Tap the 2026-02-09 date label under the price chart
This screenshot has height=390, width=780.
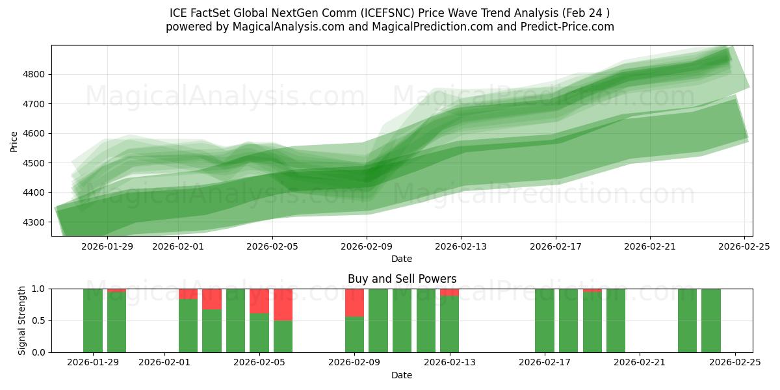pos(367,246)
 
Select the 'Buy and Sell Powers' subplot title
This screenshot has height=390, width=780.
pos(402,279)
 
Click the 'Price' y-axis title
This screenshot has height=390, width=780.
pos(14,140)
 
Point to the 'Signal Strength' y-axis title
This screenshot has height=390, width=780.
pos(22,320)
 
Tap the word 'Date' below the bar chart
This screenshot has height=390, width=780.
pos(402,375)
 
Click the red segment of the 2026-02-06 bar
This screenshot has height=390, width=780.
pos(283,304)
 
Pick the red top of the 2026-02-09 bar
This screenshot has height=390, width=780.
pos(354,302)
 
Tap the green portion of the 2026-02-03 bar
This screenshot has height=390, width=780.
pos(212,331)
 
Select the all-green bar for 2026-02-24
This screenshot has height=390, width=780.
pos(711,320)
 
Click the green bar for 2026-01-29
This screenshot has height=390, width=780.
pos(93,320)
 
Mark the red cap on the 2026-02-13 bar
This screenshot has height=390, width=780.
pos(449,292)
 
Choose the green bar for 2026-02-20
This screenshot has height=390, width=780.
pos(616,320)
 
